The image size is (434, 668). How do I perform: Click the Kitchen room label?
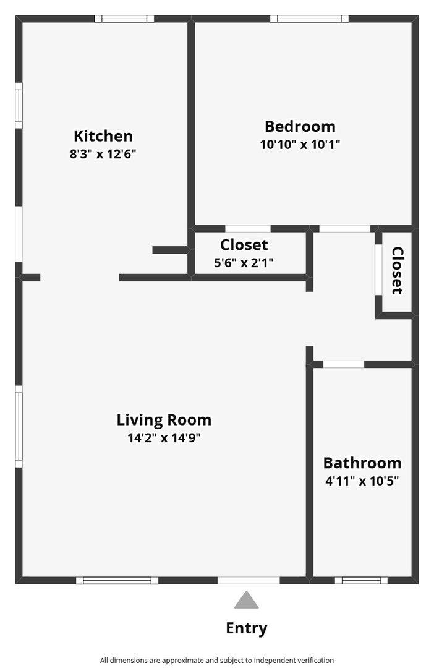point(103,136)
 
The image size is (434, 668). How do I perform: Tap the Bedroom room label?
point(300,127)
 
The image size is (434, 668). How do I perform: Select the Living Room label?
point(164,420)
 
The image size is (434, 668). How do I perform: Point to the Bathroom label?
point(362,463)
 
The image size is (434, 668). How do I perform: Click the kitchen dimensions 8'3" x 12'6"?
point(103,153)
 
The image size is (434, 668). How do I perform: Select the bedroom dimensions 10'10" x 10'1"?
point(300,144)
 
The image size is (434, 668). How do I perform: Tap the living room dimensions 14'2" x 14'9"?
point(164,437)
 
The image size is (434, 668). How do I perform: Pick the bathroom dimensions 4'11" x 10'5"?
point(362,481)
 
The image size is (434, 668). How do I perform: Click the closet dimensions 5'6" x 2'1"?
point(244,262)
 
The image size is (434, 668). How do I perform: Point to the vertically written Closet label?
point(397,270)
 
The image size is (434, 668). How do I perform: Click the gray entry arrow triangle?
point(246,599)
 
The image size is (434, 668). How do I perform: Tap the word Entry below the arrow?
point(246,628)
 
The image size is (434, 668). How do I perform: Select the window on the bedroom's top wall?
point(309,19)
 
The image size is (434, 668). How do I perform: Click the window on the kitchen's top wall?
point(124,19)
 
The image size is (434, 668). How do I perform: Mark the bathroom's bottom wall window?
point(361,580)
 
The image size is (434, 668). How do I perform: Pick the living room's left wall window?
point(19,426)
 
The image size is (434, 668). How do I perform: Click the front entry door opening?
point(249,580)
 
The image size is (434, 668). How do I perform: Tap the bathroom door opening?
point(343,364)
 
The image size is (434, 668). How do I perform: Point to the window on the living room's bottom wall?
point(117,580)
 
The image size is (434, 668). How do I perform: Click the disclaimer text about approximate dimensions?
point(217,661)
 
